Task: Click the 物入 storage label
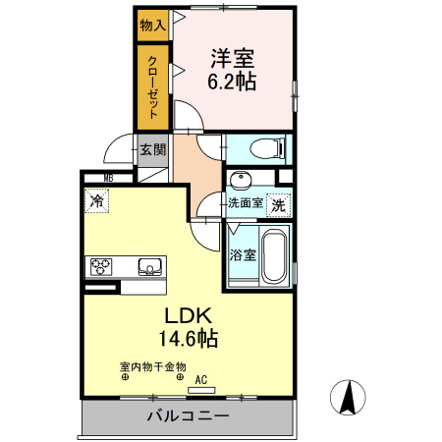point(153,26)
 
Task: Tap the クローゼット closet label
point(153,87)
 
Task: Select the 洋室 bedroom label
point(232,59)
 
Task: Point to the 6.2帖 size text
point(232,82)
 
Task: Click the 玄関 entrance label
point(153,150)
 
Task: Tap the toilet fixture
point(268,149)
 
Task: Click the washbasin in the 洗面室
point(241,180)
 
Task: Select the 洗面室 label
point(246,203)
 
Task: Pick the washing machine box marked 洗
point(279,205)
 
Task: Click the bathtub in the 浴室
point(275,256)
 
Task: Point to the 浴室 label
point(243,254)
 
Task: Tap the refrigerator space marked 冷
point(96,200)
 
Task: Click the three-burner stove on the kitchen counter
point(101,267)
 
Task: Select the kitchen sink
point(150,267)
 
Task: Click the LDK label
point(188,316)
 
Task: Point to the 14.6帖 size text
point(189,338)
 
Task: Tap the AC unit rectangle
point(201,390)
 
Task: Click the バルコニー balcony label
point(188,415)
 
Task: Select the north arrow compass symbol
point(348,398)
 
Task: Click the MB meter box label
point(108,178)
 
